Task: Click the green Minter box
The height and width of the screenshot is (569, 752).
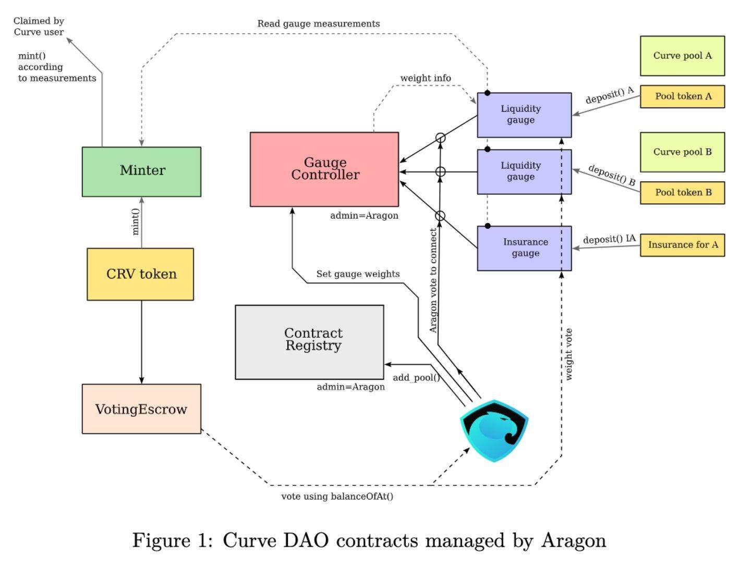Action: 141,171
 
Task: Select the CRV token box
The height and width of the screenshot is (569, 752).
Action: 140,274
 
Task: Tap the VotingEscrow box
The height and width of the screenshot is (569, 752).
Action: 141,409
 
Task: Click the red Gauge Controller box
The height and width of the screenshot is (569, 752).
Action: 324,169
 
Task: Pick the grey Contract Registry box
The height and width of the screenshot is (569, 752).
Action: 310,342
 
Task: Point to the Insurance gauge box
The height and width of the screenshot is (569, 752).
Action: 524,248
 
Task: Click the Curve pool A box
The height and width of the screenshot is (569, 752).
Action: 682,56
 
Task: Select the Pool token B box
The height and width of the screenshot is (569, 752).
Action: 682,192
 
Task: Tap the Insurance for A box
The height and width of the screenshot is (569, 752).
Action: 682,245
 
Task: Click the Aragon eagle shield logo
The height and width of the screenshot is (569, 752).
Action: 494,430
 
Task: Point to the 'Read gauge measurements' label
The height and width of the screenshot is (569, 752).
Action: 318,24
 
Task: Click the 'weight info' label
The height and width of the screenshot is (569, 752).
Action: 426,78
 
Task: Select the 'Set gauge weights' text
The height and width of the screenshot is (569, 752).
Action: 358,274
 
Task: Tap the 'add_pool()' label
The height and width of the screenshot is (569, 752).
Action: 416,377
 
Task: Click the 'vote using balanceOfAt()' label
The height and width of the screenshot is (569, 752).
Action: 337,496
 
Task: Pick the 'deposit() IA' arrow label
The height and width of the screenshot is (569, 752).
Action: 609,239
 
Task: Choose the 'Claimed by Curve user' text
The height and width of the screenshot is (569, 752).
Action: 39,27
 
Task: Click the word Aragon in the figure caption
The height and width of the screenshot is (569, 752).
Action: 574,540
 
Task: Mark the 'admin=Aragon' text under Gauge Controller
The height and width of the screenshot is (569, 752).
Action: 364,216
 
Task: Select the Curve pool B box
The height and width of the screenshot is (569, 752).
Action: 682,152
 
